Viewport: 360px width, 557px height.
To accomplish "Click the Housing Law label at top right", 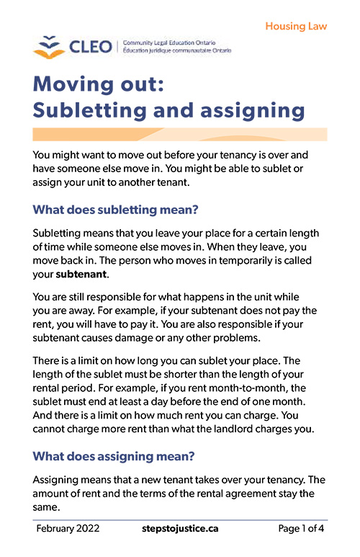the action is point(296,26).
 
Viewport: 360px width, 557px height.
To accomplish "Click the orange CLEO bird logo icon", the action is point(48,48).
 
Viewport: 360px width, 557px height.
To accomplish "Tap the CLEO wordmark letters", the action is point(90,48).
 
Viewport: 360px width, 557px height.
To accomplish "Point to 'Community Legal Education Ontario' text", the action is point(172,43).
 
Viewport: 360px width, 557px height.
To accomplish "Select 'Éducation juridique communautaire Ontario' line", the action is point(176,52).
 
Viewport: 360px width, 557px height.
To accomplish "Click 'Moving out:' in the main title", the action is point(99,84).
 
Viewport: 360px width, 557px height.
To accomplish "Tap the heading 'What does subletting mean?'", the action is point(116,210).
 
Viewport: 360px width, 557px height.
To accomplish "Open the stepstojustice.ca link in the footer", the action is point(180,529).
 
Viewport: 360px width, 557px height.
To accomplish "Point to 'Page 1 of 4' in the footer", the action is point(302,529).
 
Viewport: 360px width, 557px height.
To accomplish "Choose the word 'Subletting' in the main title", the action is point(99,111).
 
